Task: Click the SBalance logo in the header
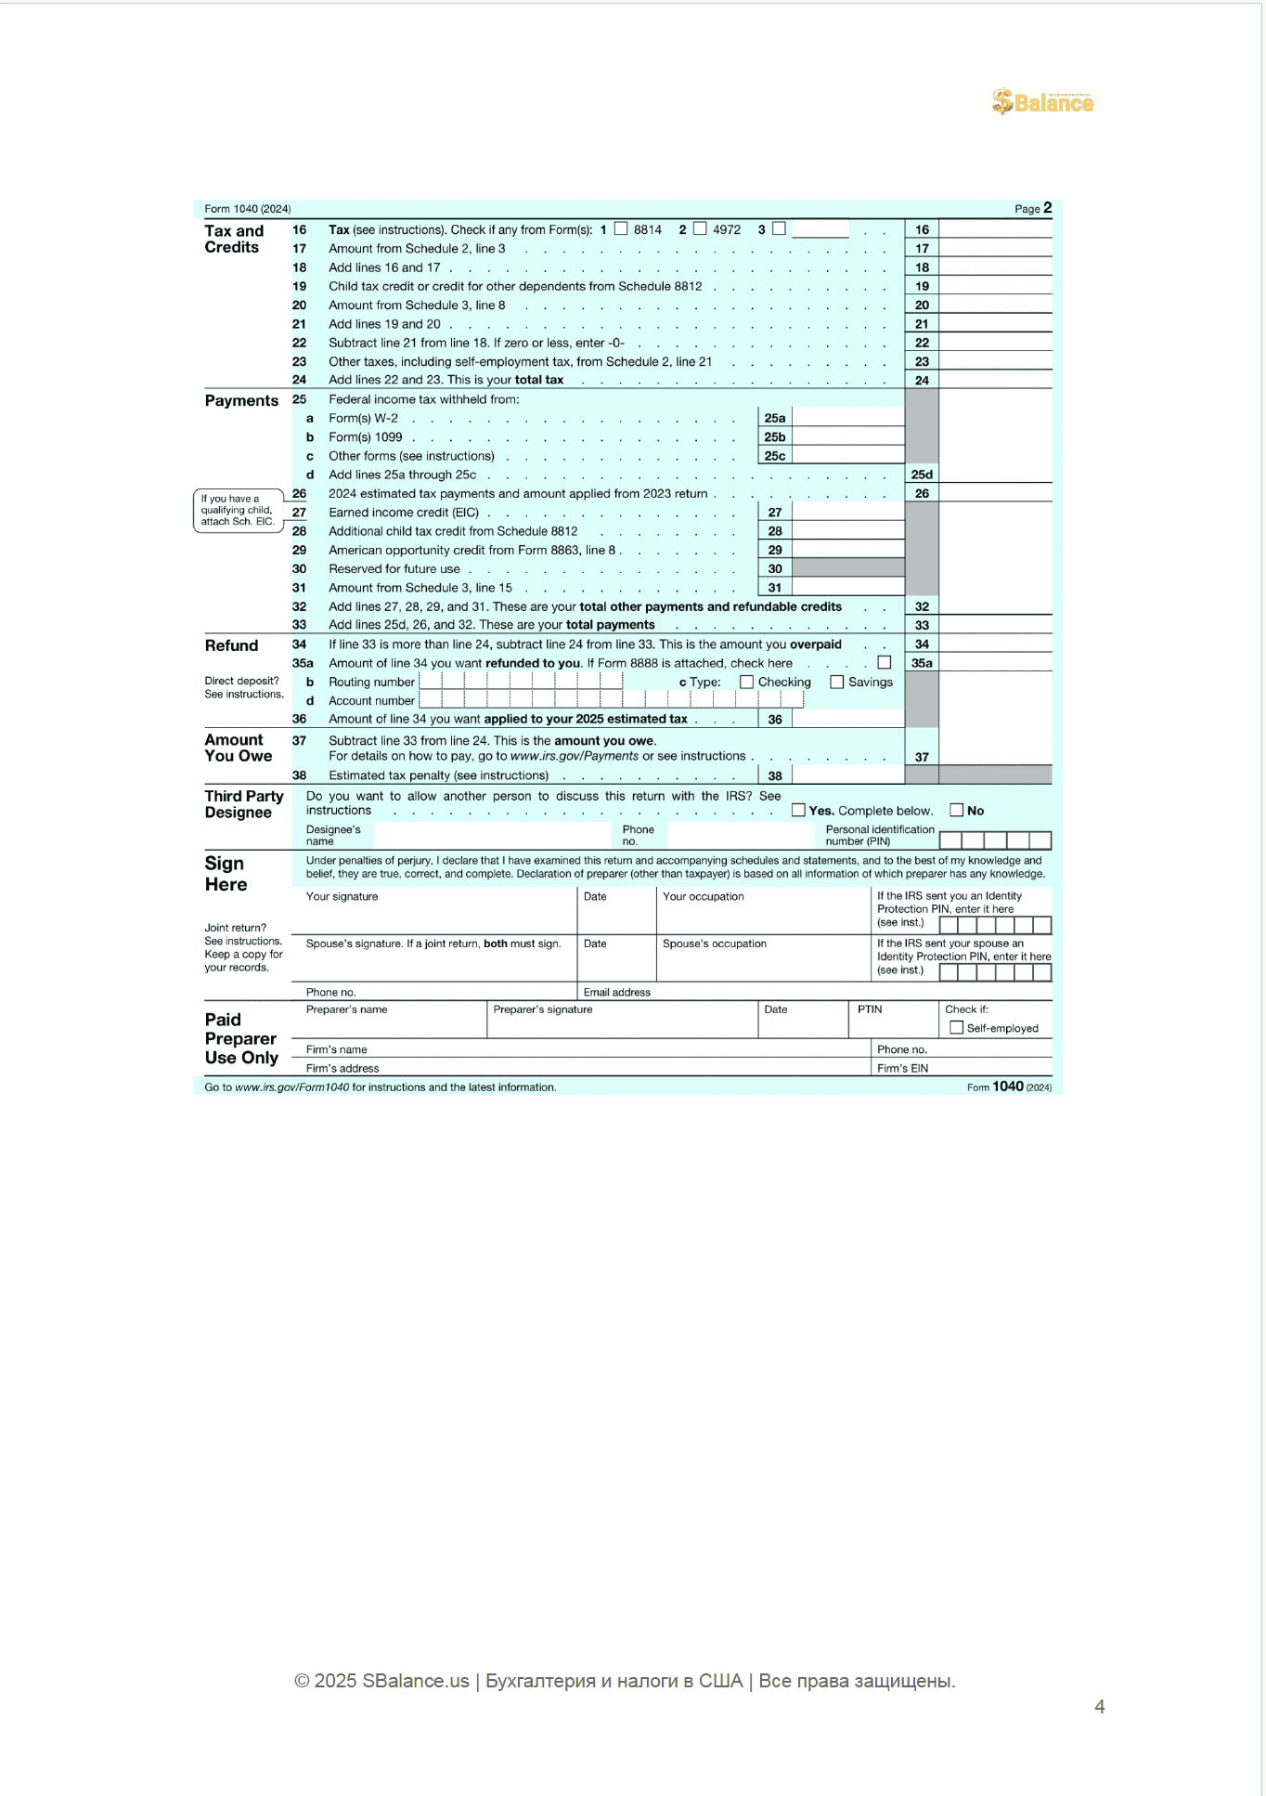pos(1043,101)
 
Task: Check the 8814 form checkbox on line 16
pos(621,228)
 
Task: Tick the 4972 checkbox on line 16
pos(700,228)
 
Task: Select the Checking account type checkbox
pos(746,682)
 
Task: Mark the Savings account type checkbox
pos(836,682)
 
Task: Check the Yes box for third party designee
pos(798,810)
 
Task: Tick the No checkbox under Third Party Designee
pos(956,810)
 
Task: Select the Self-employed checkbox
pos(956,1027)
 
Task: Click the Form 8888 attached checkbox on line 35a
pos(885,662)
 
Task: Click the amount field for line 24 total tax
pos(995,380)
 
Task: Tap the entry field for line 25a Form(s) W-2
pos(847,418)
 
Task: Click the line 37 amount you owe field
pos(995,756)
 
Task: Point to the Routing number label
pos(371,682)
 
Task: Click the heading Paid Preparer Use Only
pos(241,1038)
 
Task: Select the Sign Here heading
pos(226,874)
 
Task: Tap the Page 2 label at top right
pos(1033,208)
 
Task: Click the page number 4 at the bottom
pos(1099,1706)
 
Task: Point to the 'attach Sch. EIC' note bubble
pos(238,510)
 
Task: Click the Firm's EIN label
pos(902,1068)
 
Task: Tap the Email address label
pos(617,992)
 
